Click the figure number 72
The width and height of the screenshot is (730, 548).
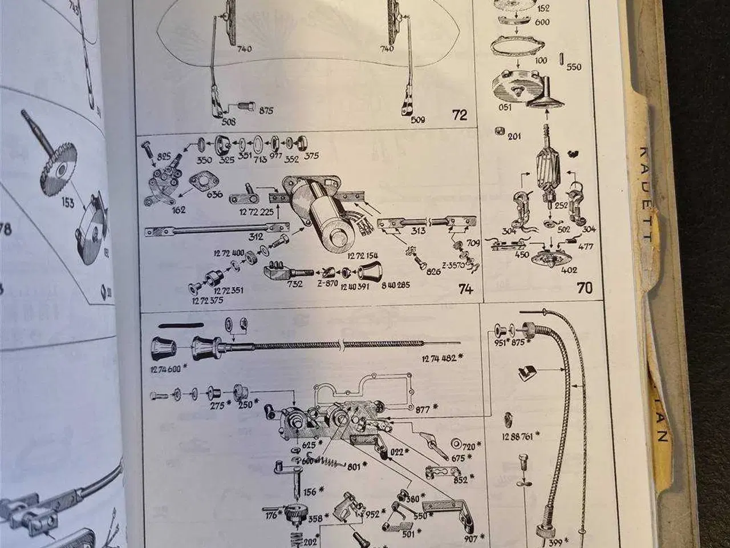click(459, 115)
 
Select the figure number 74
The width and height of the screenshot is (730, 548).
click(465, 289)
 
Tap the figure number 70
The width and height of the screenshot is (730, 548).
click(585, 288)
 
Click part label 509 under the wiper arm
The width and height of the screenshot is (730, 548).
click(418, 120)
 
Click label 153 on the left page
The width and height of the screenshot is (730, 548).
click(67, 203)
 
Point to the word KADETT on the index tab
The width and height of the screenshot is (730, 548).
click(644, 195)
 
